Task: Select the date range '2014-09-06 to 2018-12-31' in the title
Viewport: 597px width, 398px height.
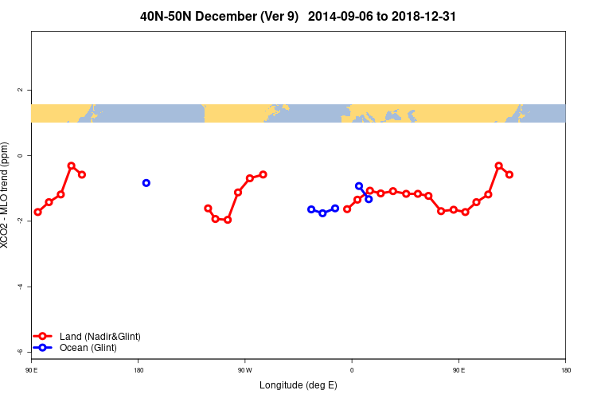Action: [x=382, y=16]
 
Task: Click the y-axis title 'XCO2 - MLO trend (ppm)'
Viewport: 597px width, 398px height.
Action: [x=7, y=196]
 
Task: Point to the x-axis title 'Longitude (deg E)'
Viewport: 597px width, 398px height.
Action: [x=298, y=385]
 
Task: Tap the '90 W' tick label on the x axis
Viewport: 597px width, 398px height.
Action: [x=244, y=370]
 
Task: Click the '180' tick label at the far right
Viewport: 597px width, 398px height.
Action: [x=565, y=370]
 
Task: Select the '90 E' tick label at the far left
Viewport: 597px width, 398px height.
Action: [x=32, y=370]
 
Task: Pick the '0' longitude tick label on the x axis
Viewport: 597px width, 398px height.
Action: [x=352, y=370]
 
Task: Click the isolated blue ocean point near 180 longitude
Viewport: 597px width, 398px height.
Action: [x=146, y=183]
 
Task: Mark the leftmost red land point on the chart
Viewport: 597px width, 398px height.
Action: [x=37, y=212]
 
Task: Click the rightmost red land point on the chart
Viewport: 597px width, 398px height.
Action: [x=509, y=174]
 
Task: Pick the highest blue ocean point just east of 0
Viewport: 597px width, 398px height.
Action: [x=359, y=186]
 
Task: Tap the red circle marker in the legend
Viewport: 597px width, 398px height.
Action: [x=45, y=337]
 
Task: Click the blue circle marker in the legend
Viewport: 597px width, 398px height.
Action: [x=45, y=348]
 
